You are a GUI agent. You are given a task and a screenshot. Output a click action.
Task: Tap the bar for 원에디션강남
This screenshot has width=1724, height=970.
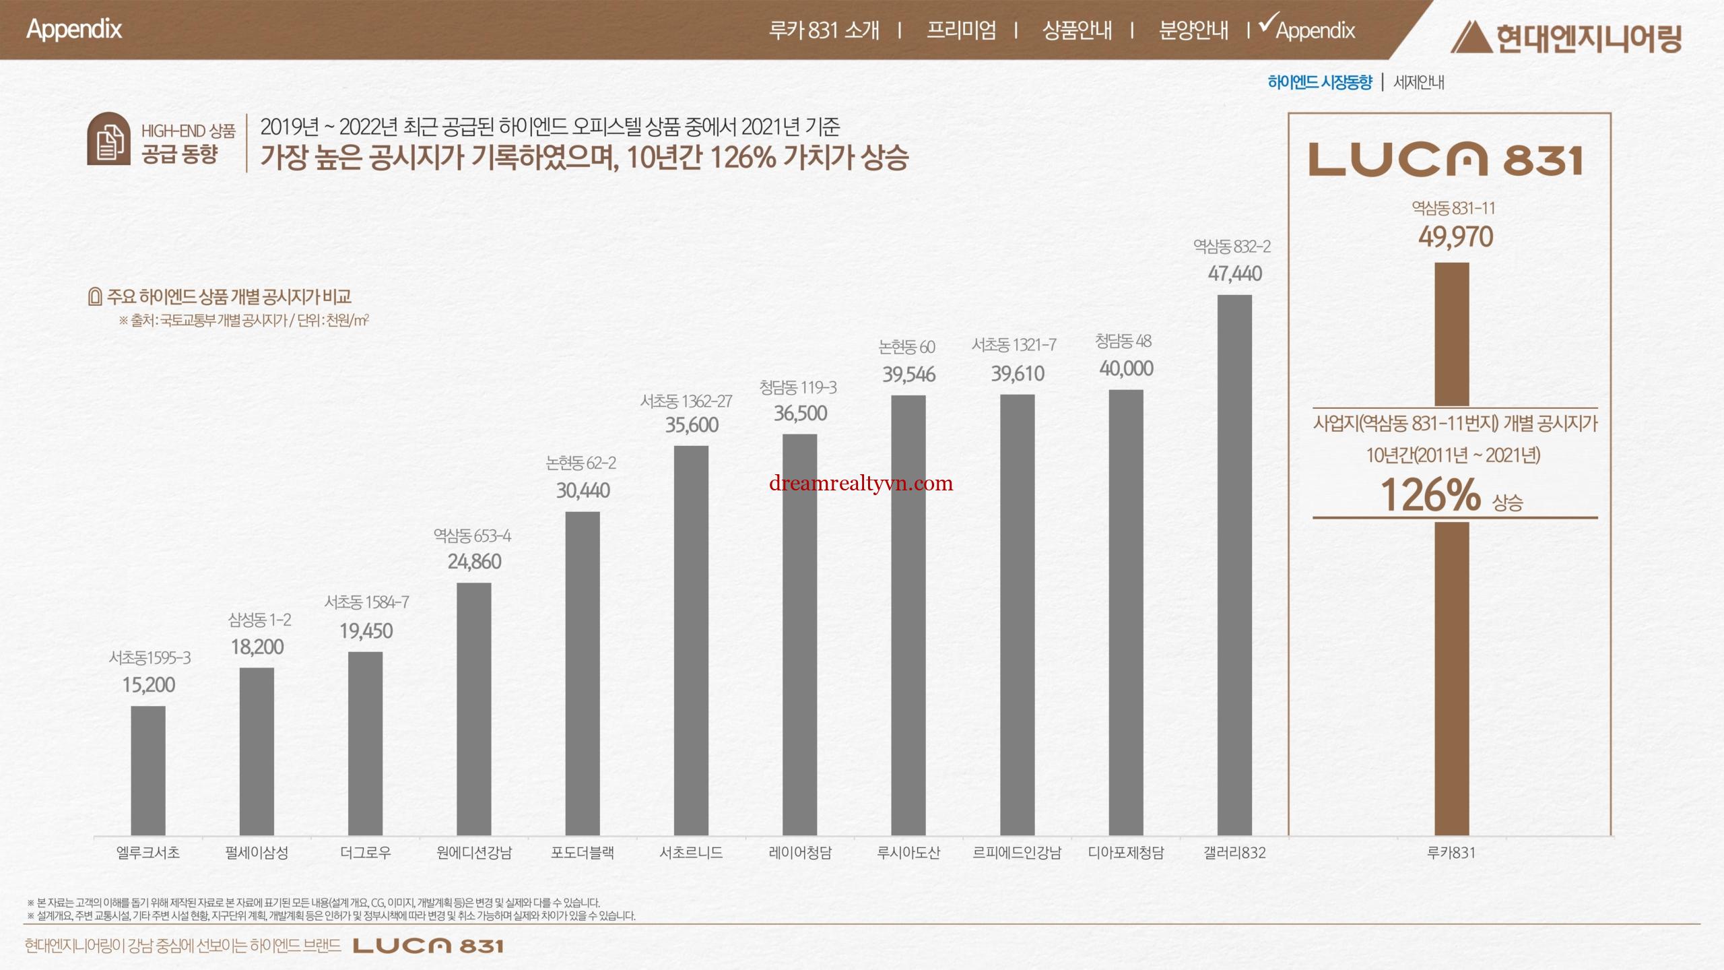coord(473,709)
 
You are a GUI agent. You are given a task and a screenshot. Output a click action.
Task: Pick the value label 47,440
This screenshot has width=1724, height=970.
coord(1234,273)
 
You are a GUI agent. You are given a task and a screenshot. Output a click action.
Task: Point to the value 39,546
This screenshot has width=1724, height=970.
coord(908,375)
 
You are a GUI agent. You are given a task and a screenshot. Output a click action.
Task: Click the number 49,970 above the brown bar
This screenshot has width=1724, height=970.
coord(1455,237)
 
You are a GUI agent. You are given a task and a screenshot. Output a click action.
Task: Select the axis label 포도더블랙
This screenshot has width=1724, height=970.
coord(583,853)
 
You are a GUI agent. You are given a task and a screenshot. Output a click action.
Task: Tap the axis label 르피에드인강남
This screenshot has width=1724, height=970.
coord(1017,853)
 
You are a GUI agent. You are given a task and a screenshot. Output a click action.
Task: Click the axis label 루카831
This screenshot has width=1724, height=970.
coord(1451,853)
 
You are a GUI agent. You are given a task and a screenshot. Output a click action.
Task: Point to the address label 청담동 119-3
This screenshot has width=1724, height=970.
coord(798,387)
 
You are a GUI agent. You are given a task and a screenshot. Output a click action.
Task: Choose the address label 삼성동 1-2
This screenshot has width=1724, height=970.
coord(259,620)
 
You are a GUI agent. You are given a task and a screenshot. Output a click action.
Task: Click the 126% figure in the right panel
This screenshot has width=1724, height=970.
coord(1430,495)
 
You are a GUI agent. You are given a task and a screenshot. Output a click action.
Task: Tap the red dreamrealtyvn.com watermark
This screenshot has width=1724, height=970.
coord(861,483)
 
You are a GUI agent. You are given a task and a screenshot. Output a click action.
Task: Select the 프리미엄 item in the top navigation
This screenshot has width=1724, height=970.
coord(961,30)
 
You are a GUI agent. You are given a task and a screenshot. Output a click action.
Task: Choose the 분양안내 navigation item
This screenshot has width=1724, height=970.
coord(1193,30)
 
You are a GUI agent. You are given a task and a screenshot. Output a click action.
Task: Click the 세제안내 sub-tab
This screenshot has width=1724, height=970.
coord(1418,82)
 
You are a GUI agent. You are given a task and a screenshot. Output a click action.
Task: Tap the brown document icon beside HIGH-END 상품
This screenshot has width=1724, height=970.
coord(108,139)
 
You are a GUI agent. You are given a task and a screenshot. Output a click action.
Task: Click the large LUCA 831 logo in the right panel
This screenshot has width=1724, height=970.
coord(1445,160)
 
